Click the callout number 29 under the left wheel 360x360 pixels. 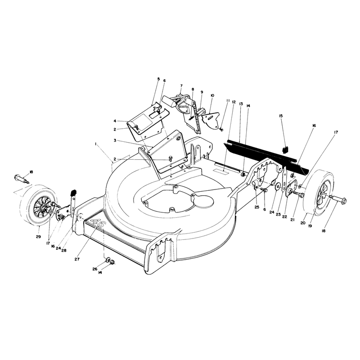pyautogui.click(x=38, y=237)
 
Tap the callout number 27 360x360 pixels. pyautogui.click(x=77, y=259)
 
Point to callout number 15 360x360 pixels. pyautogui.click(x=281, y=116)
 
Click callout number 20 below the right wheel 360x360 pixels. pyautogui.click(x=303, y=223)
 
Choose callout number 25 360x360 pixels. pyautogui.click(x=256, y=207)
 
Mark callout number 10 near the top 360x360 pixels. pyautogui.click(x=212, y=95)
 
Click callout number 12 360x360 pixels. pyautogui.click(x=234, y=102)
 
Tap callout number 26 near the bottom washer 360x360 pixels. pyautogui.click(x=95, y=269)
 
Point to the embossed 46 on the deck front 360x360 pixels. pyautogui.click(x=97, y=223)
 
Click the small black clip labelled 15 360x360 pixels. pyautogui.click(x=285, y=150)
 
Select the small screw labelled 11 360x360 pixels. pyautogui.click(x=221, y=130)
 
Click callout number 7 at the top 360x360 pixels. pyautogui.click(x=181, y=85)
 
